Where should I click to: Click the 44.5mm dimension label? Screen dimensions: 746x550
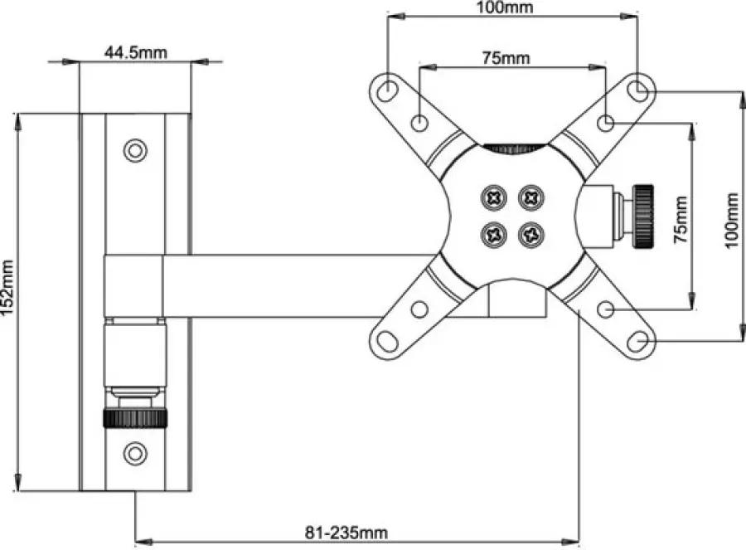pyautogui.click(x=136, y=52)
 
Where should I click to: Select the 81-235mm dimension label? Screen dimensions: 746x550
pyautogui.click(x=346, y=532)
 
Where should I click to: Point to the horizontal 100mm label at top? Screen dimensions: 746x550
pyautogui.click(x=505, y=7)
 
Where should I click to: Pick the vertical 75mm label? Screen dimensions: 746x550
pyautogui.click(x=681, y=220)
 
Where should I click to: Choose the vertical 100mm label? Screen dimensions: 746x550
pyautogui.click(x=732, y=220)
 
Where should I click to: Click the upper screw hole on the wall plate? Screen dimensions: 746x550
pyautogui.click(x=135, y=150)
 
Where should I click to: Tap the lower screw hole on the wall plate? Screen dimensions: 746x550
pyautogui.click(x=135, y=453)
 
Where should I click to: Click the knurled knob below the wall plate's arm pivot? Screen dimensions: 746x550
pyautogui.click(x=135, y=417)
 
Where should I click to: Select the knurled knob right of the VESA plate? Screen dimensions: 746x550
pyautogui.click(x=642, y=216)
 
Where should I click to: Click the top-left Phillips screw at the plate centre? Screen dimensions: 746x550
pyautogui.click(x=494, y=197)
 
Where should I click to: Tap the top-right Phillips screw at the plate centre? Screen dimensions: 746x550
pyautogui.click(x=531, y=197)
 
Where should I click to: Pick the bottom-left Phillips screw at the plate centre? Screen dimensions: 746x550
pyautogui.click(x=494, y=234)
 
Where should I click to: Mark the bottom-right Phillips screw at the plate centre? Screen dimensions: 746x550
pyautogui.click(x=531, y=234)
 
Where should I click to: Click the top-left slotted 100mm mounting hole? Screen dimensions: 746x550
pyautogui.click(x=387, y=90)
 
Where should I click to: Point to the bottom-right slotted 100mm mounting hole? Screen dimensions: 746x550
pyautogui.click(x=638, y=341)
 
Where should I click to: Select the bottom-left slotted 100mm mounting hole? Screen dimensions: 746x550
pyautogui.click(x=387, y=341)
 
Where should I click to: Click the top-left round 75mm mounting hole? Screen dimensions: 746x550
pyautogui.click(x=419, y=123)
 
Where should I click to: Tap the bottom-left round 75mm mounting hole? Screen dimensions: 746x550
pyautogui.click(x=419, y=309)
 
